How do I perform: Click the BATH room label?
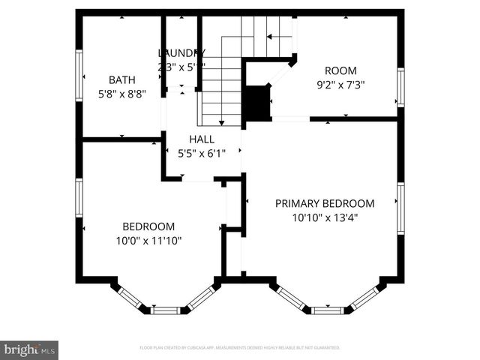pos(121,79)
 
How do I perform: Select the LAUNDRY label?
pos(181,52)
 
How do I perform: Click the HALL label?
pos(201,139)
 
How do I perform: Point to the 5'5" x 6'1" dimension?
pos(201,153)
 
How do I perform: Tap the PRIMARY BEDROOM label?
pos(324,203)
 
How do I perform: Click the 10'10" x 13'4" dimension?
pos(324,217)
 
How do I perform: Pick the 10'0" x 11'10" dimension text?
pos(148,241)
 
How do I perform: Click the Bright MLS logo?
pos(30,349)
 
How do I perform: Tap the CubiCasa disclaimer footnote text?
pos(240,348)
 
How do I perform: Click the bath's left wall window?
pos(79,75)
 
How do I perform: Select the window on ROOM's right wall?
pos(400,87)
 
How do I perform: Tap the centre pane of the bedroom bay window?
pos(165,310)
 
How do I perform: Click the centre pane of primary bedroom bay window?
pos(328,310)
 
